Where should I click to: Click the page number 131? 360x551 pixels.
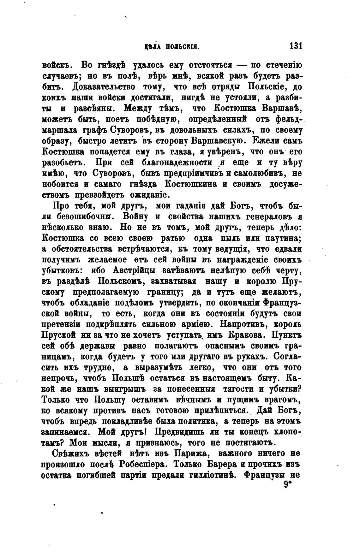pos(296,46)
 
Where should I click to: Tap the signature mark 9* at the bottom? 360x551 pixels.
pos(287,485)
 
